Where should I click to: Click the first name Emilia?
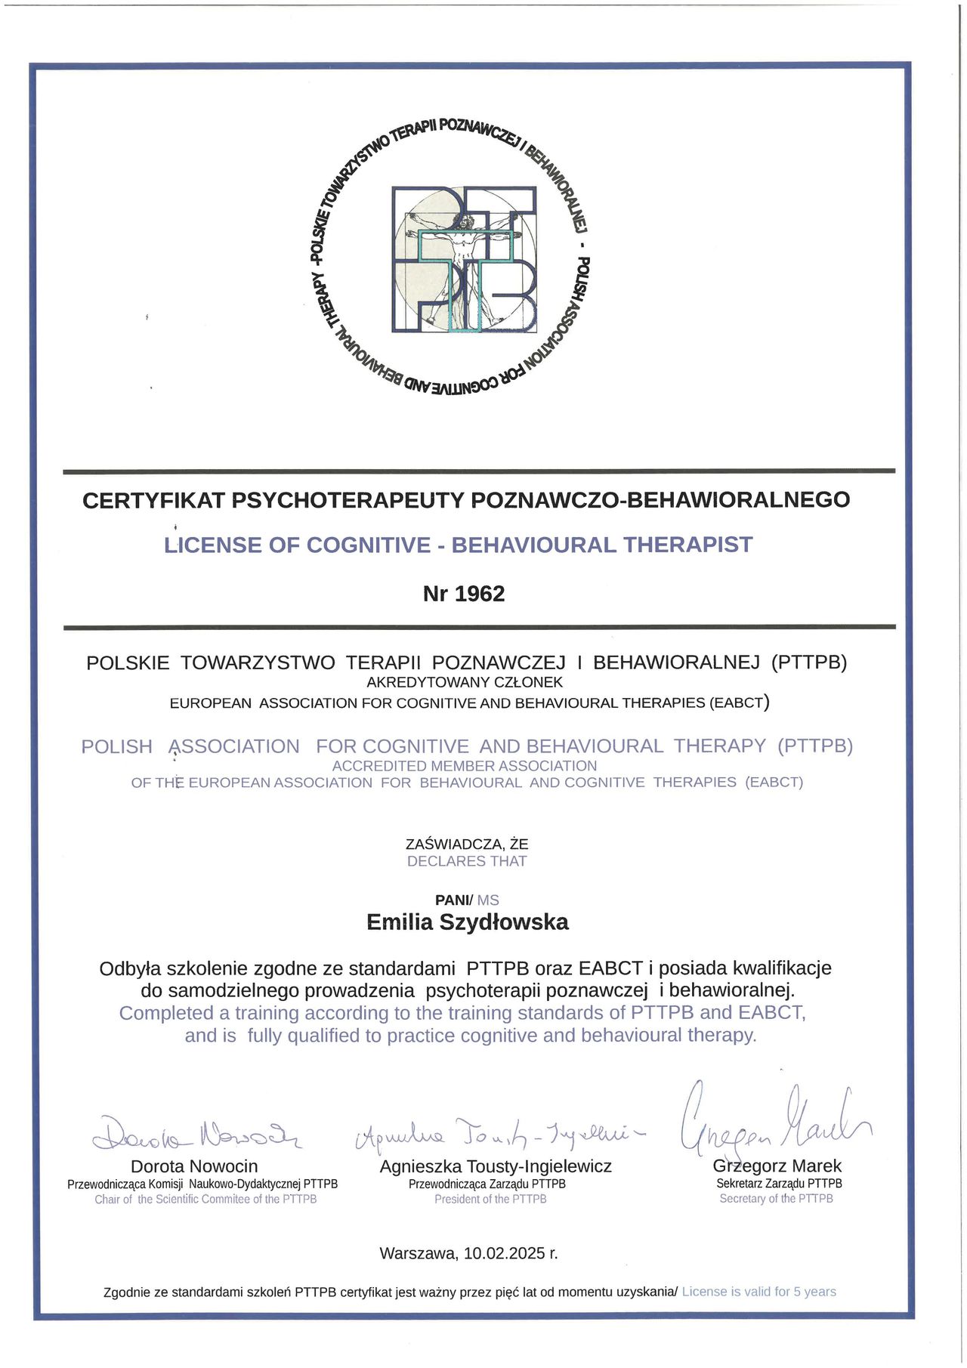400,922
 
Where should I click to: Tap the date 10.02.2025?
505,1253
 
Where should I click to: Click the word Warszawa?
418,1253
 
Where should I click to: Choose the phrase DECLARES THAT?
467,861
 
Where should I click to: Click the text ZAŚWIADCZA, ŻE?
467,844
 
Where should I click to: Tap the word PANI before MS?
453,900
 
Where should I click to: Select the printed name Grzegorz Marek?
777,1166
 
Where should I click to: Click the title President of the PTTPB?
490,1199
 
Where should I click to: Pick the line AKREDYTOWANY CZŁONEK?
465,682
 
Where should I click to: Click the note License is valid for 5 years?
758,1292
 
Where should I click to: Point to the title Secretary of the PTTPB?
776,1198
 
